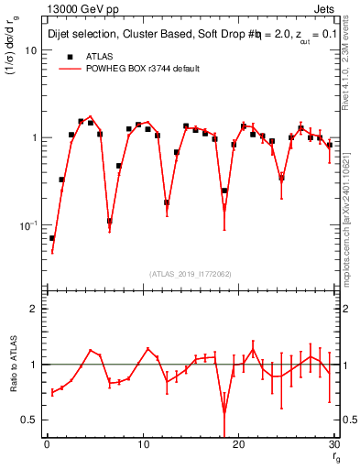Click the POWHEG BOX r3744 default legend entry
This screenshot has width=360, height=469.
click(128, 69)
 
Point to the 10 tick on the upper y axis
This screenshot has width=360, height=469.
click(31, 50)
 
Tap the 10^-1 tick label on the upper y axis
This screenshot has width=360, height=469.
click(28, 224)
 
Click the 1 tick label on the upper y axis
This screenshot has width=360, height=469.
click(34, 137)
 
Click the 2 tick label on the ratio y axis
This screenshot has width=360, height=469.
click(34, 310)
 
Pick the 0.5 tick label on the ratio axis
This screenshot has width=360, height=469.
click(30, 420)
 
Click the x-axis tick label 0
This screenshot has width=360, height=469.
click(47, 444)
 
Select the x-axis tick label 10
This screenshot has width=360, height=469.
click(142, 444)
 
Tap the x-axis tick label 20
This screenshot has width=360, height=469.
click(238, 444)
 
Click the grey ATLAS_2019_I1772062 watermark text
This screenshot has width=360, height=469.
click(191, 274)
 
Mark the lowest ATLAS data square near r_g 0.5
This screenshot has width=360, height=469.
click(52, 238)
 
